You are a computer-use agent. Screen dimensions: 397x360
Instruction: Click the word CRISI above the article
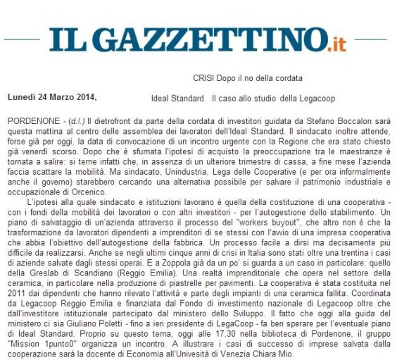205,78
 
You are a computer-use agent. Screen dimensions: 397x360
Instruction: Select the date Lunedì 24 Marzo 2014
51,97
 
